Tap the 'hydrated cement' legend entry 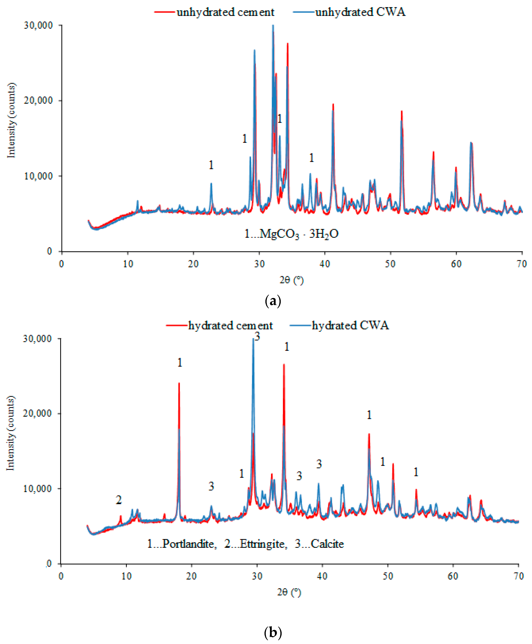pos(230,326)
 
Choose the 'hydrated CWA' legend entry pos(350,326)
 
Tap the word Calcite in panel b pos(327,527)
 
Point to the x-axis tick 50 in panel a pos(390,264)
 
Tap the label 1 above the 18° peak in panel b pos(180,363)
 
